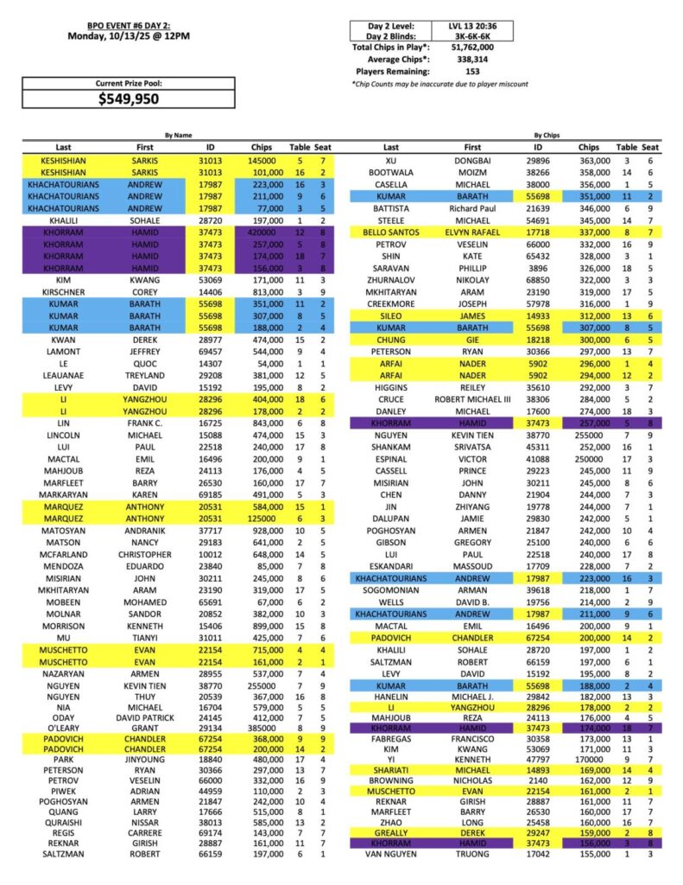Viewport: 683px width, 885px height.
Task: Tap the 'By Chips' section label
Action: click(546, 135)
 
